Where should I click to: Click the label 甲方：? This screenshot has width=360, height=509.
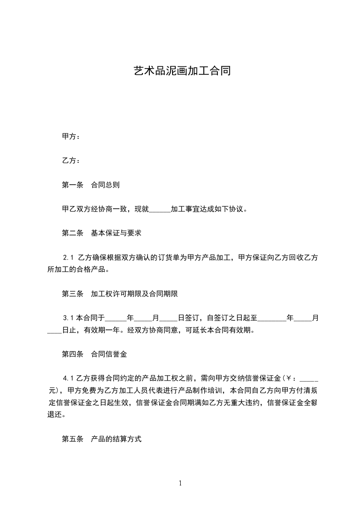[71, 136]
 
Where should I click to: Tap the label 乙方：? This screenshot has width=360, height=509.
[71, 161]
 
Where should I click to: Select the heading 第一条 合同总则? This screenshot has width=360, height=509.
[91, 185]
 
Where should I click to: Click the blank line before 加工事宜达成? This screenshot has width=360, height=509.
[160, 210]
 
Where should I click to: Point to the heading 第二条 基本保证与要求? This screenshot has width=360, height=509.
[102, 233]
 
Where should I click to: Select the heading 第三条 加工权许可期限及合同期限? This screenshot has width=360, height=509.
[120, 294]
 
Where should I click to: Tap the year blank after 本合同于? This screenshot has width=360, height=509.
[116, 319]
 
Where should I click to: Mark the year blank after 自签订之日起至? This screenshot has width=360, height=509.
[272, 319]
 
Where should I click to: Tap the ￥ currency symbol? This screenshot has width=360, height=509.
[289, 378]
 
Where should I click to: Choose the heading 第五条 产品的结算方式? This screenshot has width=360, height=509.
[102, 439]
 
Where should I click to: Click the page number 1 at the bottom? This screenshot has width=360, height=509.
[180, 483]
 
